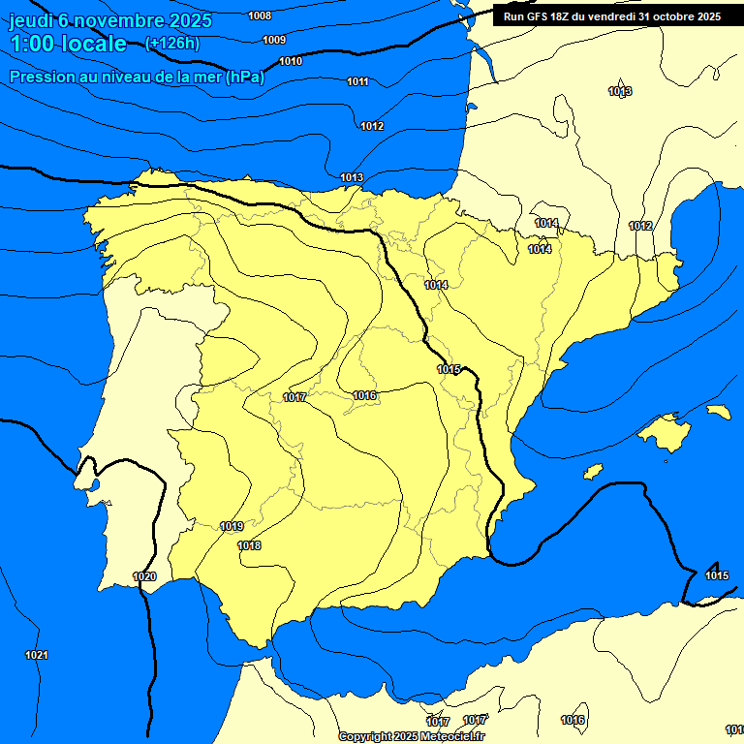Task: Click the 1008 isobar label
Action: click(260, 15)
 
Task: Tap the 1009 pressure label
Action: click(274, 40)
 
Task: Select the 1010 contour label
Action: click(291, 61)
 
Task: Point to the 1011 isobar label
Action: click(357, 81)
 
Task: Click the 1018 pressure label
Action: click(249, 545)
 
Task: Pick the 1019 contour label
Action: click(232, 526)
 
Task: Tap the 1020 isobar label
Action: click(144, 576)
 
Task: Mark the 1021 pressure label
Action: click(37, 656)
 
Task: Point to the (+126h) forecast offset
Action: click(171, 43)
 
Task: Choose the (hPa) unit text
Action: click(244, 77)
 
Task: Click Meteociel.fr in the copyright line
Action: click(452, 736)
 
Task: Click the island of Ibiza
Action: click(593, 471)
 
